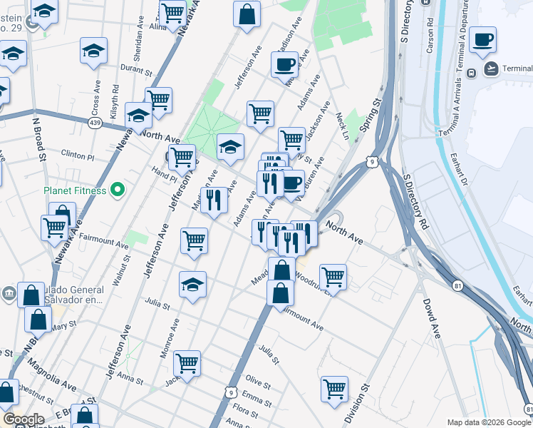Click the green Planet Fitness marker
pyautogui.click(x=118, y=190)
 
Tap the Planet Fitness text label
pyautogui.click(x=75, y=190)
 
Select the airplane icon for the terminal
pyautogui.click(x=491, y=68)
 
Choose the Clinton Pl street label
pyautogui.click(x=78, y=155)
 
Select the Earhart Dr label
pyautogui.click(x=466, y=170)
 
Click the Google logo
pyautogui.click(x=23, y=419)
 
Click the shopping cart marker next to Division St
pyautogui.click(x=334, y=389)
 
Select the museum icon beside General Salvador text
pyautogui.click(x=8, y=292)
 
